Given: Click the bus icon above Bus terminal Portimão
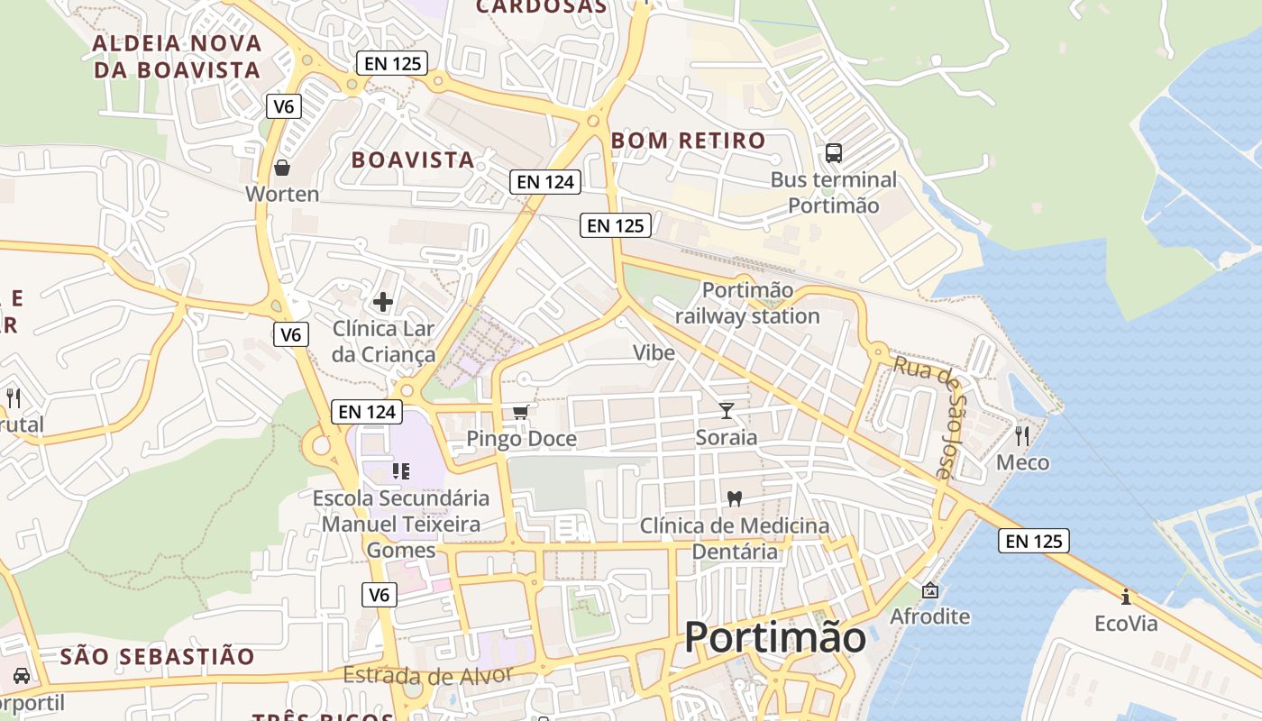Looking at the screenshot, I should point(834,153).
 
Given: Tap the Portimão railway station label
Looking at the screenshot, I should point(747,304).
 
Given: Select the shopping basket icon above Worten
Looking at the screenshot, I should point(282,168).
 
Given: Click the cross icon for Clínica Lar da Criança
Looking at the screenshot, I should point(383,302).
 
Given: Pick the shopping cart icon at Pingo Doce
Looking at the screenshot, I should point(520,413).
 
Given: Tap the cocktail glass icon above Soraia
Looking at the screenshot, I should point(727,412).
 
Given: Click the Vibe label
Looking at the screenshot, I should point(654,352).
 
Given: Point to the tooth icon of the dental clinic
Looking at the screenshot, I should point(734,498).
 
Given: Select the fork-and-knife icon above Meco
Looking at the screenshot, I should point(1022,436).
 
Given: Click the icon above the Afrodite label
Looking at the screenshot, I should point(929,591).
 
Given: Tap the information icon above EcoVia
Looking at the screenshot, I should point(1125,597).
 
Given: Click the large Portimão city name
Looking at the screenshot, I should point(774,637).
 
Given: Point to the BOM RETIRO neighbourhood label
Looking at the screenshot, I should point(688,141).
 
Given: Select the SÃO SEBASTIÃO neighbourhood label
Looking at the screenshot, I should point(158,656).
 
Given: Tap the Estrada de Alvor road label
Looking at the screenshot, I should point(427,675).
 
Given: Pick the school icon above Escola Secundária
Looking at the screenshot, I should point(401,471).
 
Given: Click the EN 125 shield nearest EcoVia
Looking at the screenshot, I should point(1033,541).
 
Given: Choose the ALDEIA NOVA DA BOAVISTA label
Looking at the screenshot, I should point(177,56).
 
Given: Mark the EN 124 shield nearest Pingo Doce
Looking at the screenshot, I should point(367,412).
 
